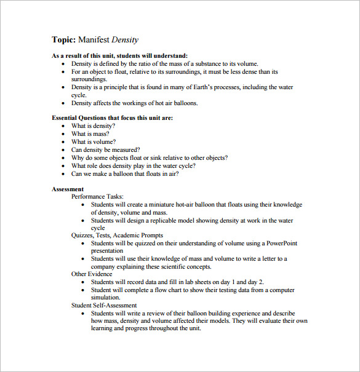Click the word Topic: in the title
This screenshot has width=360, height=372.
pyautogui.click(x=63, y=40)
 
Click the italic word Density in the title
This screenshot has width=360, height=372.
pyautogui.click(x=125, y=40)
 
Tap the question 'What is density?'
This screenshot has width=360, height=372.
pyautogui.click(x=93, y=126)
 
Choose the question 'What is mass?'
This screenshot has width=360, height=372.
pyautogui.click(x=90, y=134)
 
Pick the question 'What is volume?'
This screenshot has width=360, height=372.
pyautogui.click(x=93, y=142)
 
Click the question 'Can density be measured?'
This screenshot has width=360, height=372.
pyautogui.click(x=105, y=150)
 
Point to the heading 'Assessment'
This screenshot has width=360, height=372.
pyautogui.click(x=68, y=189)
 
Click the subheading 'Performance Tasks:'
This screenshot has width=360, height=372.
pyautogui.click(x=97, y=197)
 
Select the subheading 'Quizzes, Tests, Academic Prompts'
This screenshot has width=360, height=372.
pyautogui.click(x=118, y=235)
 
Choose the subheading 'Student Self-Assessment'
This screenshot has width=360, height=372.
pyautogui.click(x=104, y=305)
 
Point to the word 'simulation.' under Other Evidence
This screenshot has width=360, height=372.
pyautogui.click(x=106, y=298)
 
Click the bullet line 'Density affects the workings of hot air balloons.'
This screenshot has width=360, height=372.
pyautogui.click(x=134, y=103)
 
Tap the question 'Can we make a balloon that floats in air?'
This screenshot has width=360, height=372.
pyautogui.click(x=125, y=174)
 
